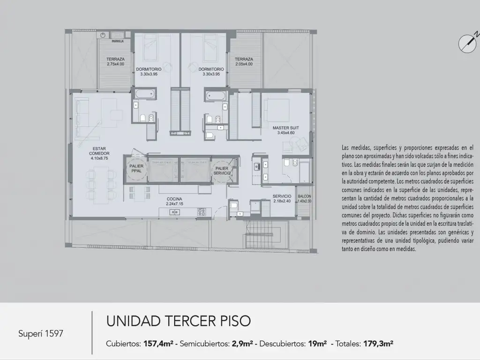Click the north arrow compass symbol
(468, 42)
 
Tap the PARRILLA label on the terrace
(118, 41)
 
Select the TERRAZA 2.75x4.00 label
(115, 61)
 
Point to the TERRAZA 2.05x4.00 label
(244, 61)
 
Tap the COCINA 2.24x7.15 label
(174, 201)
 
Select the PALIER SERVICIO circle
(222, 171)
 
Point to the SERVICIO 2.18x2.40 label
(282, 198)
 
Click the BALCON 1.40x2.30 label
(304, 198)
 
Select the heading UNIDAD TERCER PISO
(178, 321)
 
